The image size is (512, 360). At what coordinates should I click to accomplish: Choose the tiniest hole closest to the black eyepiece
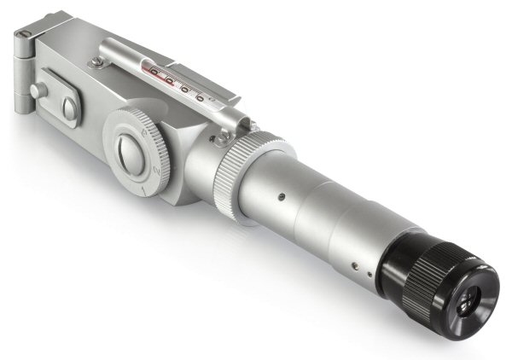coord(368,275)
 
